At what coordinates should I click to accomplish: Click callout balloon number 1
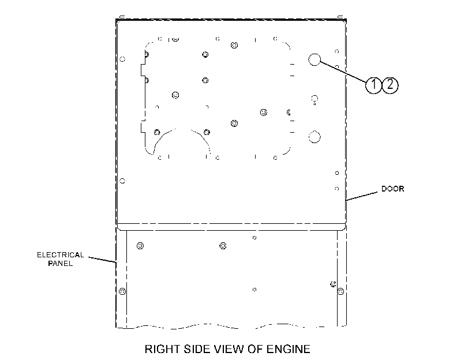[x=373, y=85]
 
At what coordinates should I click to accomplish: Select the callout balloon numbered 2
[x=390, y=85]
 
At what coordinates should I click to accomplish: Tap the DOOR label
[x=393, y=189]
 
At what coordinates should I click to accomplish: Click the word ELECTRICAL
[x=60, y=255]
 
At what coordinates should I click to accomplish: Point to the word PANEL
[x=60, y=263]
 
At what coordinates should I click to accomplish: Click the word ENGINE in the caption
[x=289, y=349]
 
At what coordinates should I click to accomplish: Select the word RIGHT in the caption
[x=162, y=349]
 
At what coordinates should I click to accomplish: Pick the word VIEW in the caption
[x=230, y=349]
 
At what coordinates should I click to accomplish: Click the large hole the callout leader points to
[x=315, y=59]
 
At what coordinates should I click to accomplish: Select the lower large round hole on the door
[x=315, y=137]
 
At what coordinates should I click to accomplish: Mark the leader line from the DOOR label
[x=361, y=196]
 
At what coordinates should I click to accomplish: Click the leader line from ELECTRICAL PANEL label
[x=102, y=260]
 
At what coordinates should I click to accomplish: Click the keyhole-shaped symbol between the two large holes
[x=315, y=100]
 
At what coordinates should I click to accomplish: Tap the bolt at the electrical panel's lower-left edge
[x=122, y=291]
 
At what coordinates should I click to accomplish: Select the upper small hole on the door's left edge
[x=122, y=59]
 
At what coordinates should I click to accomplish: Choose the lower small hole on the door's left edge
[x=122, y=181]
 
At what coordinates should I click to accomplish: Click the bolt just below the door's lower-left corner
[x=140, y=246]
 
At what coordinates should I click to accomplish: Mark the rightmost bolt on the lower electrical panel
[x=340, y=291]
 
